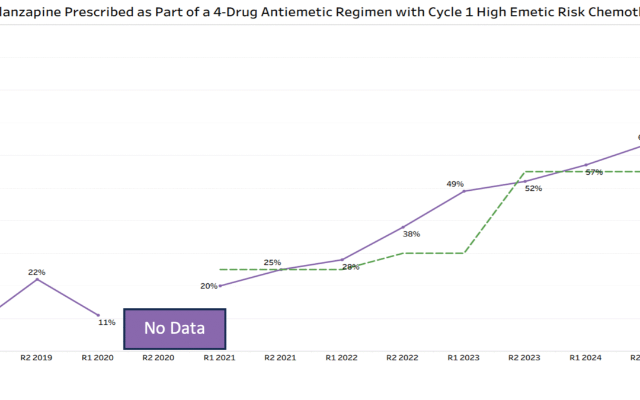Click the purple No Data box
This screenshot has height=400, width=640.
[175, 328]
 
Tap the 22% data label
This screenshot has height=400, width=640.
[37, 272]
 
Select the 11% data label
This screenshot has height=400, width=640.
[107, 322]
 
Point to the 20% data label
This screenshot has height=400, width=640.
[209, 286]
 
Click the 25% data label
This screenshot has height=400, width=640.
[273, 263]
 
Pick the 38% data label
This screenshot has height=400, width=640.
[411, 234]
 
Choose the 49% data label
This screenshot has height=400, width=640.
[455, 184]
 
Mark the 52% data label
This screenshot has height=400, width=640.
[533, 188]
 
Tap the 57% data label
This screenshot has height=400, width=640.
[594, 172]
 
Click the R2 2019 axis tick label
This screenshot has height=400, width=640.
[37, 358]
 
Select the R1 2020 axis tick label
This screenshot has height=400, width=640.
[98, 358]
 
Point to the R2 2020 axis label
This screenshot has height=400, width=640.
[159, 358]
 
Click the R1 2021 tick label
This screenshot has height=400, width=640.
[220, 358]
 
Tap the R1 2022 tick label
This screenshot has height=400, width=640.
[342, 358]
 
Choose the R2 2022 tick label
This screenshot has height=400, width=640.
[403, 358]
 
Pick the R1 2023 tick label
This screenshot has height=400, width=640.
[464, 358]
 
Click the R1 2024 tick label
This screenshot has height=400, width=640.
[586, 358]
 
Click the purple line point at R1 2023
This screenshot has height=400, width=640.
[464, 191]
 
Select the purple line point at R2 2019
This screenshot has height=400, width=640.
[37, 279]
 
